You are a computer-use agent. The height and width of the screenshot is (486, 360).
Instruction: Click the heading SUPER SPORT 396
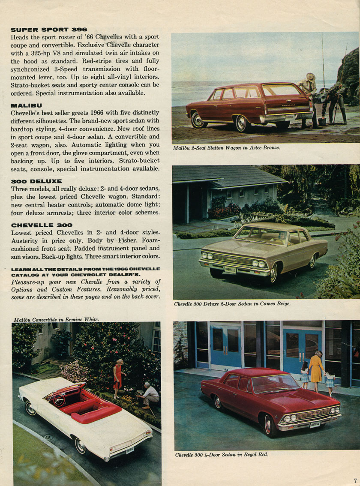coord(48,30)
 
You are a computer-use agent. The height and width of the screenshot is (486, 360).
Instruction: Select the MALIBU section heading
coord(26,105)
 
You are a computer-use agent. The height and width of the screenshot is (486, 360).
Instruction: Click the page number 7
coord(355,480)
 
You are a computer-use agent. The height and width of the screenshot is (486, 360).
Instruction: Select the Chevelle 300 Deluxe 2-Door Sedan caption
coord(232,304)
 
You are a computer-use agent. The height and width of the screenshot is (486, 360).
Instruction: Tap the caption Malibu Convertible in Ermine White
coord(56,319)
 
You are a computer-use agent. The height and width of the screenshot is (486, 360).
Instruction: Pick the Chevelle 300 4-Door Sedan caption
coord(222,455)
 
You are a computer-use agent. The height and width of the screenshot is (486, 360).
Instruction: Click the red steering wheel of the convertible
coord(58,400)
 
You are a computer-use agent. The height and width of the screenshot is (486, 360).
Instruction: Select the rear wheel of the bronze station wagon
coord(241,123)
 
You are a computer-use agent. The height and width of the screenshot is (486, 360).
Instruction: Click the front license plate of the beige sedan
coord(230,270)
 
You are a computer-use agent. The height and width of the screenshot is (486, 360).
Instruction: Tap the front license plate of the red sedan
coord(315,425)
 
